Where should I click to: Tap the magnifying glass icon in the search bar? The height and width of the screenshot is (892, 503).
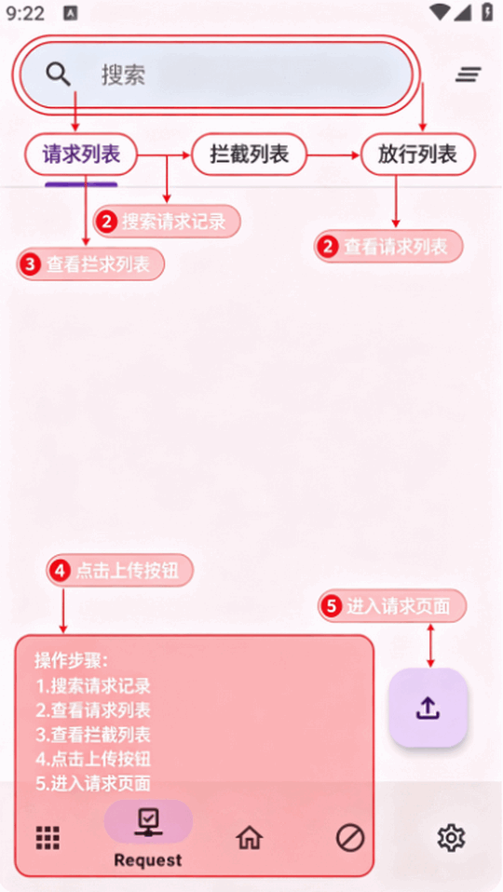(59, 74)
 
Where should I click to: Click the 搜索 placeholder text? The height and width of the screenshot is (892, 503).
(124, 74)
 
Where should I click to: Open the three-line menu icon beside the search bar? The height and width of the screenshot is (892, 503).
(469, 74)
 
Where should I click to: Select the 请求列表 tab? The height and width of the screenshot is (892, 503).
(81, 155)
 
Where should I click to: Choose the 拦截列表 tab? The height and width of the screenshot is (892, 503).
(250, 155)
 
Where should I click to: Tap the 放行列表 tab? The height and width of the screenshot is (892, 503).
(417, 155)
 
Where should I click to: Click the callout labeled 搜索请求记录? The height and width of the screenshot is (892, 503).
(167, 222)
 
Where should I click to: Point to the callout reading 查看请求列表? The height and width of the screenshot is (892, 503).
(388, 247)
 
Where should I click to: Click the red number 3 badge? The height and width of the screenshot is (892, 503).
(31, 264)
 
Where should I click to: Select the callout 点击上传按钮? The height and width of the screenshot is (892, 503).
(120, 570)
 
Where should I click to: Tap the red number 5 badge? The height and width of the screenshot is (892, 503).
(331, 606)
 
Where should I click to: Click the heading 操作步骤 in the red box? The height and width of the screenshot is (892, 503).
(71, 661)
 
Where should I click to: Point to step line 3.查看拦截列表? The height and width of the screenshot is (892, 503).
(93, 735)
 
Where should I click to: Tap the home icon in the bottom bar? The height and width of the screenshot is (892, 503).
(250, 838)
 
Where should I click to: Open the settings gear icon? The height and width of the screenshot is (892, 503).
(451, 838)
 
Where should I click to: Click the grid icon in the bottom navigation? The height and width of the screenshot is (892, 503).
(48, 838)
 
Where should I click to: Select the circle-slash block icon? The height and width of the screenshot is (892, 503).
(350, 838)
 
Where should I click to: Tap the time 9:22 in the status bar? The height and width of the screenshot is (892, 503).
(25, 13)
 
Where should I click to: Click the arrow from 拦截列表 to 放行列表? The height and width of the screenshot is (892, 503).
(333, 155)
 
